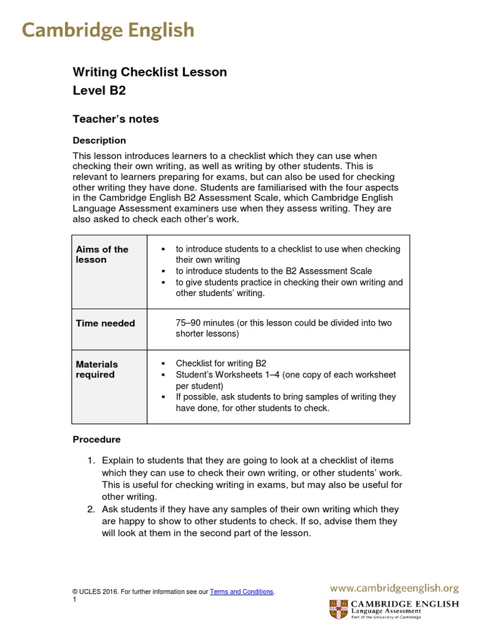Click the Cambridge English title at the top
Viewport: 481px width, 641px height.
pos(108,30)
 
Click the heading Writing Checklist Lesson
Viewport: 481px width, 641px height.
pos(150,72)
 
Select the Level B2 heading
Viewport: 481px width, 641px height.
pos(99,91)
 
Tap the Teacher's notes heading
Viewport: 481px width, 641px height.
pos(115,119)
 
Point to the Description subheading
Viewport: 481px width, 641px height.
pos(99,140)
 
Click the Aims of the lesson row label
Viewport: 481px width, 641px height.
pos(101,254)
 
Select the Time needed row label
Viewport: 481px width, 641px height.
pos(105,323)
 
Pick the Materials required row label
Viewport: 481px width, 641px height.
pos(96,369)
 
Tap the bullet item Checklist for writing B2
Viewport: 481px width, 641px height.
pos(220,363)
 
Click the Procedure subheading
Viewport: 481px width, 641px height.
pos(96,439)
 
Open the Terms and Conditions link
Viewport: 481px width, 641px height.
pos(241,592)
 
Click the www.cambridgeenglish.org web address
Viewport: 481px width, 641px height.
pos(395,588)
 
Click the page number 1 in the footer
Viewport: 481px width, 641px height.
pos(75,600)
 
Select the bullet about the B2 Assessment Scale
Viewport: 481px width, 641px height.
pos(273,271)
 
